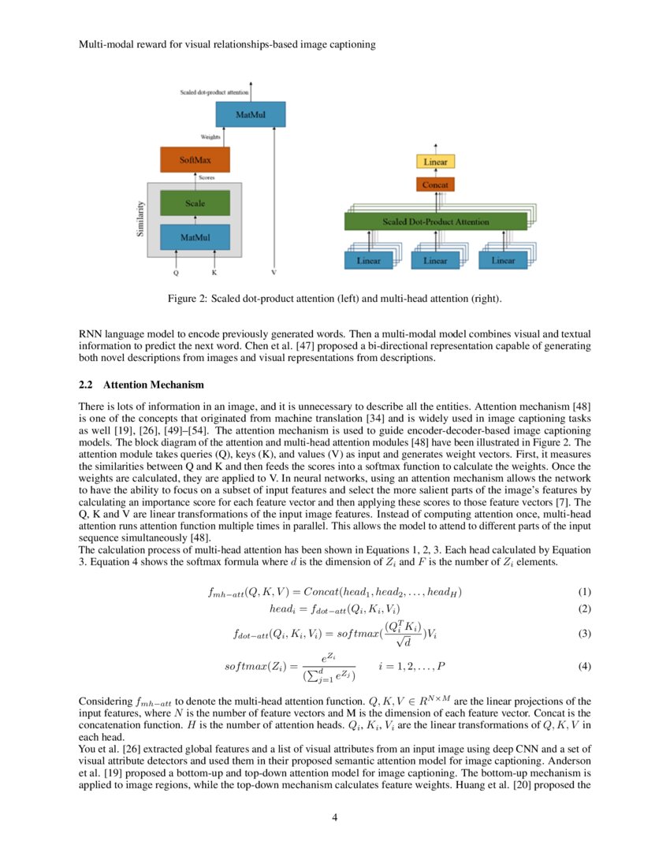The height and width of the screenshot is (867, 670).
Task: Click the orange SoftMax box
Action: coord(195,159)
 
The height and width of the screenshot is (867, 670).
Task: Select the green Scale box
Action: coord(195,203)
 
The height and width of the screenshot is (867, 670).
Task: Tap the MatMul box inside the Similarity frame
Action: coord(195,236)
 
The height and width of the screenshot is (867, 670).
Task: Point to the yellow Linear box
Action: coord(435,162)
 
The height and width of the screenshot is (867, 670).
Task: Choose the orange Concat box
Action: coord(435,184)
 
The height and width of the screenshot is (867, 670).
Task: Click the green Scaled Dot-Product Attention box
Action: coord(435,222)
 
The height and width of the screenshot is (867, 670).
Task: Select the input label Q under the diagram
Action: coord(177,273)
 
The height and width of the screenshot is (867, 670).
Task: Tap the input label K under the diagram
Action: coord(214,273)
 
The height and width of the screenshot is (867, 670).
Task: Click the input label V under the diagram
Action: coord(274,273)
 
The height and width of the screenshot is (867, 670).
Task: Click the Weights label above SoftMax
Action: coord(188,137)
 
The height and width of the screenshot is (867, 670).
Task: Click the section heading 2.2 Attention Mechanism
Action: coord(142,385)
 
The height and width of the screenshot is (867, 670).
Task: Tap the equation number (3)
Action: coord(584,633)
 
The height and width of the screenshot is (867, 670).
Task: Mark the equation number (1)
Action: coord(584,592)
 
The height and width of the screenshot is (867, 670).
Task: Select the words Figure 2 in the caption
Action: coord(186,299)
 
